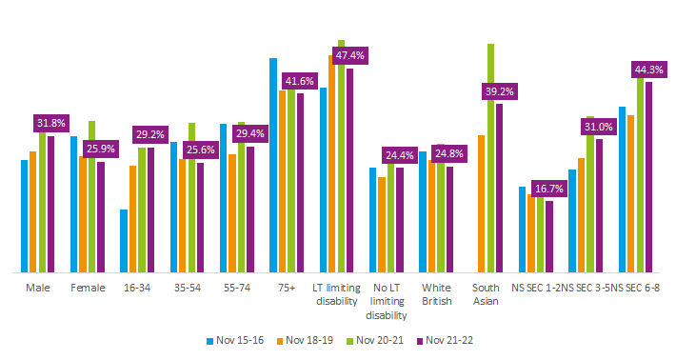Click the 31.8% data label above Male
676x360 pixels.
51,123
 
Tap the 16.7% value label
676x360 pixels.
549,189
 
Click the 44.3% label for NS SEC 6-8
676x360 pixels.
649,69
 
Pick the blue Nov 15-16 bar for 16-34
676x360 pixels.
124,241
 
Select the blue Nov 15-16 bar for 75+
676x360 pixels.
273,166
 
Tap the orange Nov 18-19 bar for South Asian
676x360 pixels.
481,204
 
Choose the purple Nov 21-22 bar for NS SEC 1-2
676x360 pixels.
549,236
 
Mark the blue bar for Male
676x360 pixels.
25,216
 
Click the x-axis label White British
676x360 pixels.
437,293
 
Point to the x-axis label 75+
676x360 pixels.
287,287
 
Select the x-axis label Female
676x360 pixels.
88,287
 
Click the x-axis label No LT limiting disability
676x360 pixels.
387,301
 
